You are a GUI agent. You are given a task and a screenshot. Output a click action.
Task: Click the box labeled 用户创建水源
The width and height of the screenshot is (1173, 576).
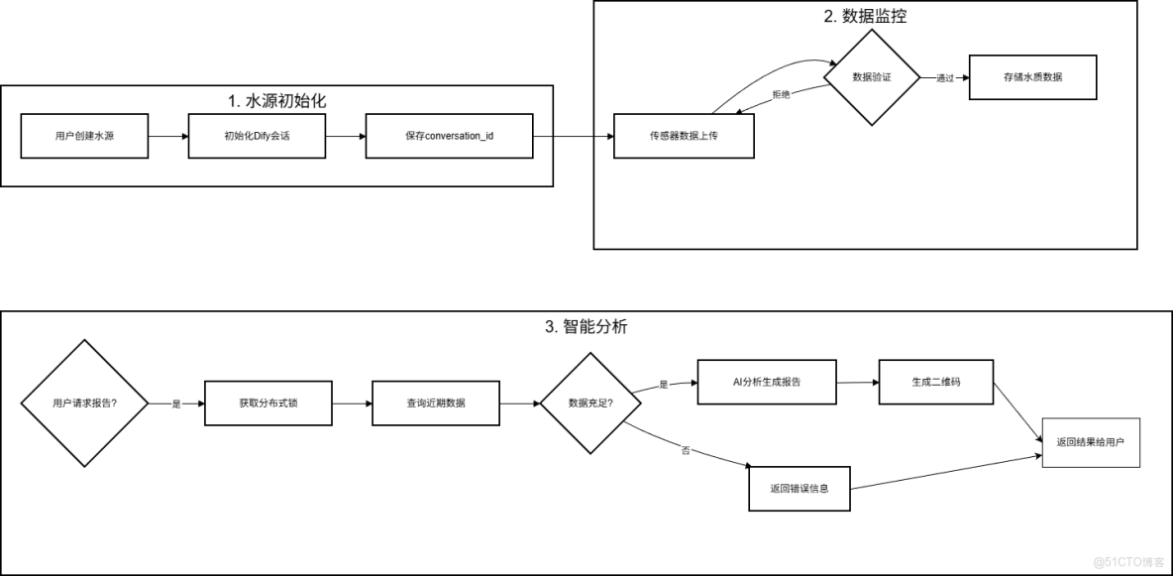pyautogui.click(x=84, y=135)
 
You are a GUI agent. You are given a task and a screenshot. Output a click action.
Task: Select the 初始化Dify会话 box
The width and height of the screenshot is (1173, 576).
pyautogui.click(x=258, y=135)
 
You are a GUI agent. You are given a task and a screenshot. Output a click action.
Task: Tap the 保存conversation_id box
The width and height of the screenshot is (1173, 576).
pyautogui.click(x=449, y=135)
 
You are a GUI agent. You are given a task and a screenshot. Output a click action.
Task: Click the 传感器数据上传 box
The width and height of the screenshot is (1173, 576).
pyautogui.click(x=684, y=135)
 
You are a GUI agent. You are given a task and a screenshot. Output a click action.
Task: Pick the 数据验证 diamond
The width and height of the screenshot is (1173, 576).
pyautogui.click(x=872, y=77)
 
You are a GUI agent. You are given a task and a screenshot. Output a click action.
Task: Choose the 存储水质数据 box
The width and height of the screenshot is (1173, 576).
pyautogui.click(x=1033, y=76)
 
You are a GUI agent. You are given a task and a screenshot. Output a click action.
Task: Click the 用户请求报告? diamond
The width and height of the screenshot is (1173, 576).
pyautogui.click(x=84, y=403)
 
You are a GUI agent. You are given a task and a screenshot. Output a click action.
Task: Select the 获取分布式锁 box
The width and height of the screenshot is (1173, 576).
pyautogui.click(x=267, y=403)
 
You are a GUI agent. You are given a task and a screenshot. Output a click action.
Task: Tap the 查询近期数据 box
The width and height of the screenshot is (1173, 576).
pyautogui.click(x=435, y=403)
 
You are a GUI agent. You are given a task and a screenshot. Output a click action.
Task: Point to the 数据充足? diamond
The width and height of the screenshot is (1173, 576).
pyautogui.click(x=589, y=403)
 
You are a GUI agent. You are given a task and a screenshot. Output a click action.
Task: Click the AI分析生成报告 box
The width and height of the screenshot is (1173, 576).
pyautogui.click(x=767, y=382)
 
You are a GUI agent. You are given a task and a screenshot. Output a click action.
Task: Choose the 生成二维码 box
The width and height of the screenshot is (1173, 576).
pyautogui.click(x=934, y=382)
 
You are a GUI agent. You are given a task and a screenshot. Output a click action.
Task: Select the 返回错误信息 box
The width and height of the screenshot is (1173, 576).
pyautogui.click(x=799, y=488)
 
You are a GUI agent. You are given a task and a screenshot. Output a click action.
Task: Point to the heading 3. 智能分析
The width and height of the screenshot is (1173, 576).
pyautogui.click(x=586, y=326)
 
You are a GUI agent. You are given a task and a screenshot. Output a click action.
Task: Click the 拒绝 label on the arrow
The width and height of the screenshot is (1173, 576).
pyautogui.click(x=782, y=94)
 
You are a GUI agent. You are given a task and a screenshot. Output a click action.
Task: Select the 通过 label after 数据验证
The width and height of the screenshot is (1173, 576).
pyautogui.click(x=944, y=78)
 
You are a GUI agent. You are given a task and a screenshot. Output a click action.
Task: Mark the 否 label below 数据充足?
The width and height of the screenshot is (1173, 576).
pyautogui.click(x=685, y=450)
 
